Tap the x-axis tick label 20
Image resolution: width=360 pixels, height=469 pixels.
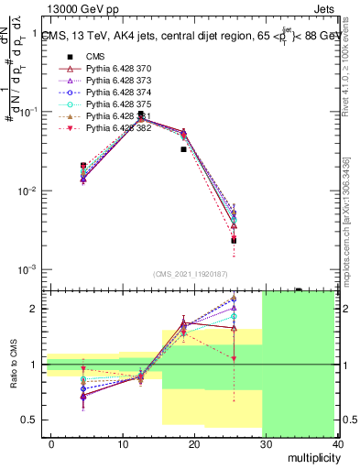pos(195,444)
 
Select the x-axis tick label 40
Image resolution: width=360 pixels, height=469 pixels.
pos(339,444)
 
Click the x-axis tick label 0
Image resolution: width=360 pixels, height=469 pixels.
pos(51,444)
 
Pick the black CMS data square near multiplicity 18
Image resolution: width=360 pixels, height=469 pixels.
pos(183,149)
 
